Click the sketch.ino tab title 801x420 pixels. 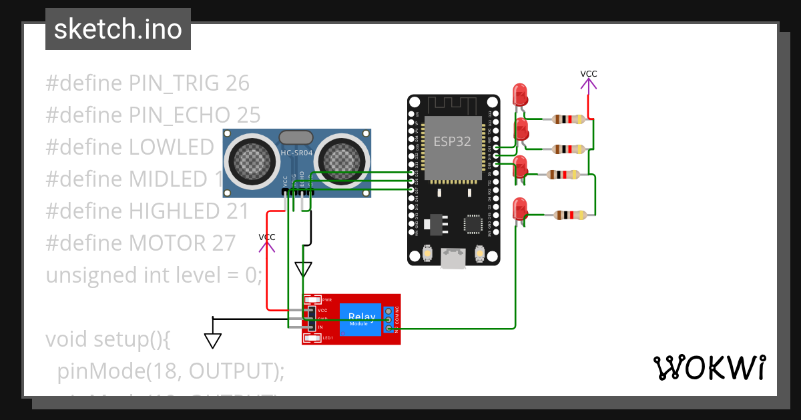point(117,29)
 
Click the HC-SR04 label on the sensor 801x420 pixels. point(296,153)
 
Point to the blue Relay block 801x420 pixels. point(361,319)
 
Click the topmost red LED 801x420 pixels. point(519,95)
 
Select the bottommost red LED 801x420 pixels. point(519,210)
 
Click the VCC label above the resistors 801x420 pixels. point(588,73)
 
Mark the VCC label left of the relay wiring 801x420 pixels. point(266,237)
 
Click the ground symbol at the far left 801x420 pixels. point(213,341)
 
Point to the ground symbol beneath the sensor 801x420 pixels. point(303,269)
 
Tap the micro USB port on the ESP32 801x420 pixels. point(453,259)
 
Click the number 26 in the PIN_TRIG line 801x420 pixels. point(237,83)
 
